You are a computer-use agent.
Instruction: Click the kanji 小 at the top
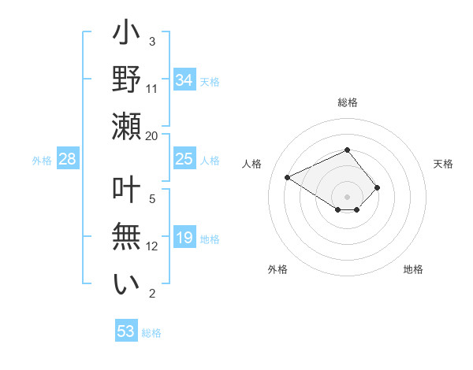pyautogui.click(x=126, y=35)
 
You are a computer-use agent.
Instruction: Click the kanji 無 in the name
pyautogui.click(x=126, y=237)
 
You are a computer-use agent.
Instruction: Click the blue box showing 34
pyautogui.click(x=184, y=80)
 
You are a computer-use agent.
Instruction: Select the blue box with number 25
pyautogui.click(x=184, y=159)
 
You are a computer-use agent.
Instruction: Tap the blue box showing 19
pyautogui.click(x=184, y=238)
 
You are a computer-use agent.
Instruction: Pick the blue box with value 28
pyautogui.click(x=68, y=159)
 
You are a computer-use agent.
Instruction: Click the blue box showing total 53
pyautogui.click(x=125, y=331)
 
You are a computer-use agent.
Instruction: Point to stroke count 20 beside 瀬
pyautogui.click(x=152, y=135)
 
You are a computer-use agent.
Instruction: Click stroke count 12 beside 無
pyautogui.click(x=152, y=246)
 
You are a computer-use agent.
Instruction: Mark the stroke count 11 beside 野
pyautogui.click(x=152, y=88)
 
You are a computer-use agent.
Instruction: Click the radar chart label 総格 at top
pyautogui.click(x=347, y=102)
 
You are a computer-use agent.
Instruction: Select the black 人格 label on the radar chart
pyautogui.click(x=252, y=164)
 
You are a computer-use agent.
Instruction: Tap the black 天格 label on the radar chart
pyautogui.click(x=443, y=164)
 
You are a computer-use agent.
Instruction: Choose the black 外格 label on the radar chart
pyautogui.click(x=277, y=269)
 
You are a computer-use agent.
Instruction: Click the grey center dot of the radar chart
pyautogui.click(x=347, y=196)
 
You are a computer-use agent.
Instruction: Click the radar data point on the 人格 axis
pyautogui.click(x=289, y=177)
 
